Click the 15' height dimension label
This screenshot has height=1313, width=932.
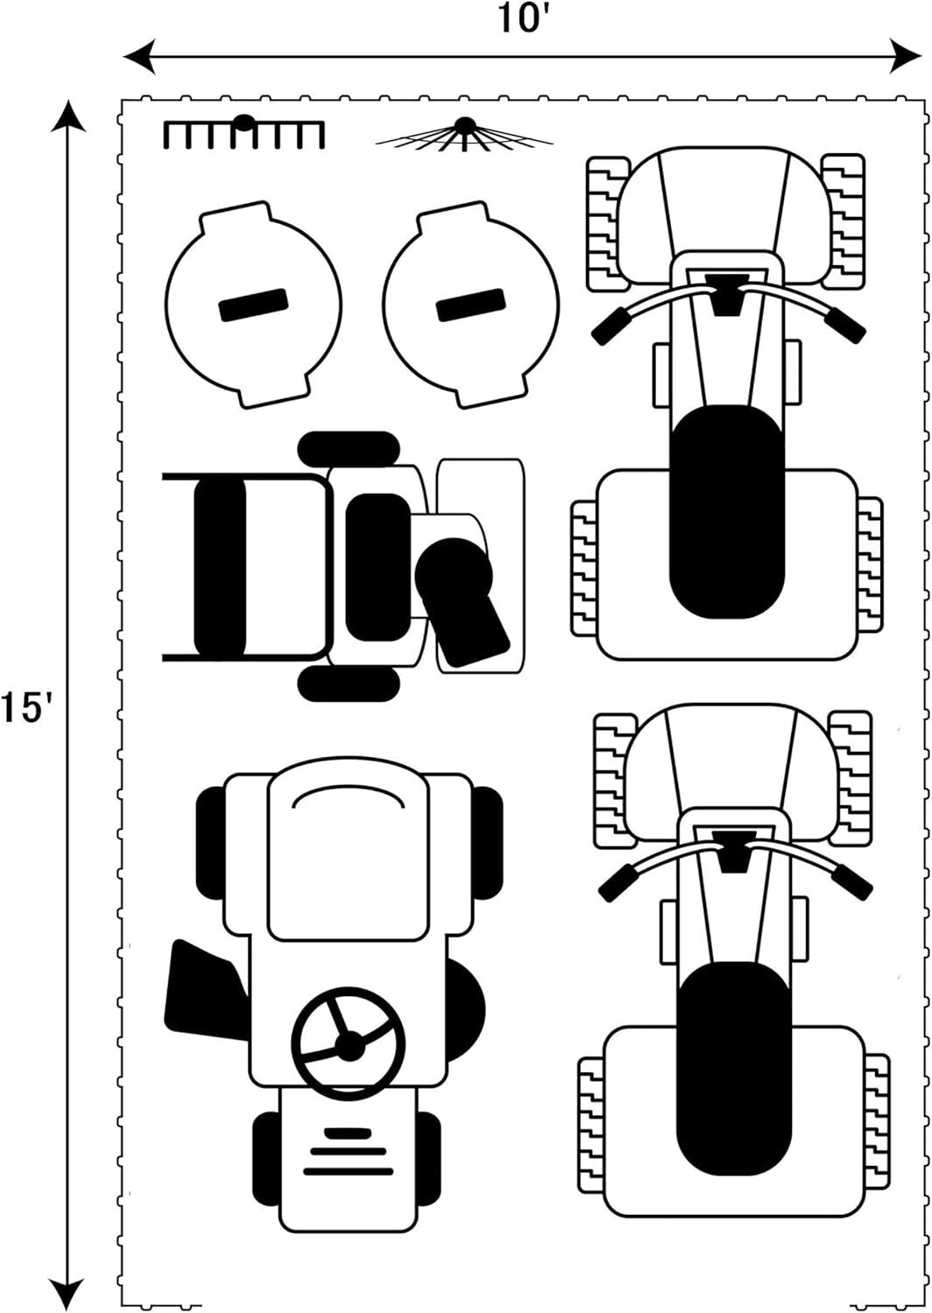click(28, 708)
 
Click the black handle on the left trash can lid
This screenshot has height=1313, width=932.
click(253, 305)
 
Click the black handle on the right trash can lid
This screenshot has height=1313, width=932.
click(471, 305)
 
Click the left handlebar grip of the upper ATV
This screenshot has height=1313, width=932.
click(610, 326)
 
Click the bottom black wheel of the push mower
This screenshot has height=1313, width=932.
click(349, 684)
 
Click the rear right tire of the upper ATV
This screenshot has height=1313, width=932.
click(871, 565)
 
